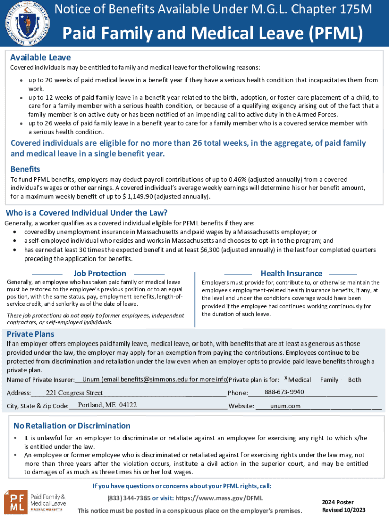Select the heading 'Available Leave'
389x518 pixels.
40,57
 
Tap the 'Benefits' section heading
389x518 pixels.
25,169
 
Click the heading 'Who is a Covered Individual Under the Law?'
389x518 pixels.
86,212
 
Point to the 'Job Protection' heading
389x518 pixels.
100,273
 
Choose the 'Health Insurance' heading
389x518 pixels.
291,273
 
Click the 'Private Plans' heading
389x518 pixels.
30,334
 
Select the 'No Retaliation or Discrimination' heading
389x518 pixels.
72,425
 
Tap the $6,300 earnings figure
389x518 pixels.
243,250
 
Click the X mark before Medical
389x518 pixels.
286,379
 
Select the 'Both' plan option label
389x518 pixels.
355,380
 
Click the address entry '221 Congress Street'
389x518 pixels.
74,393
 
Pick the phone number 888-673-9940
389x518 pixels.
284,392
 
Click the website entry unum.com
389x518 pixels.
285,406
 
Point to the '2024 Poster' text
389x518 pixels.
337,502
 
